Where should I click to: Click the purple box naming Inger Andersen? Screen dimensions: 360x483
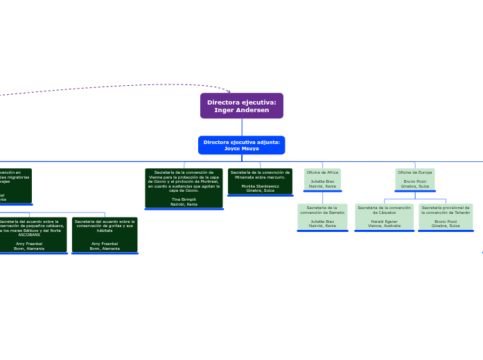coord(241,106)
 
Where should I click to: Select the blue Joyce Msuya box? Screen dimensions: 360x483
coord(241,145)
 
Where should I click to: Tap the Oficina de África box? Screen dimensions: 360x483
coord(322,179)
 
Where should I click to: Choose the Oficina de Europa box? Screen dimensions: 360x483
coord(414,179)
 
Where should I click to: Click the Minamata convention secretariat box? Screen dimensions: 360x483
coord(260,181)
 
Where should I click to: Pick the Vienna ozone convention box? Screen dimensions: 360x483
coord(184,188)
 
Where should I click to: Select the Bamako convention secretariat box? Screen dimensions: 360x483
coord(322,216)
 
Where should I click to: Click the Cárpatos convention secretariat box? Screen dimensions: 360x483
coord(384,216)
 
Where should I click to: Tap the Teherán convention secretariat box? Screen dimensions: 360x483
coord(446,216)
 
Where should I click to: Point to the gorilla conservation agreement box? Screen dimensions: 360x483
coord(105,235)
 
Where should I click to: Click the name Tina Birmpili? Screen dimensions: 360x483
coord(184,199)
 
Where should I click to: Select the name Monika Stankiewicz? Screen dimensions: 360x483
coord(260,186)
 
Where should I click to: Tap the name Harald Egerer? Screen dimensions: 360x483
coord(384,222)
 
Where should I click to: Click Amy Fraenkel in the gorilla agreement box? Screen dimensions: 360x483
coord(105,244)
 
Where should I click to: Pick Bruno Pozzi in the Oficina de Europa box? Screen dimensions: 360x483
coord(414,181)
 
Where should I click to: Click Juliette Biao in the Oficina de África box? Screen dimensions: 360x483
coord(322,181)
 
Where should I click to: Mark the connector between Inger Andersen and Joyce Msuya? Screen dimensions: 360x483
coord(241,127)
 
